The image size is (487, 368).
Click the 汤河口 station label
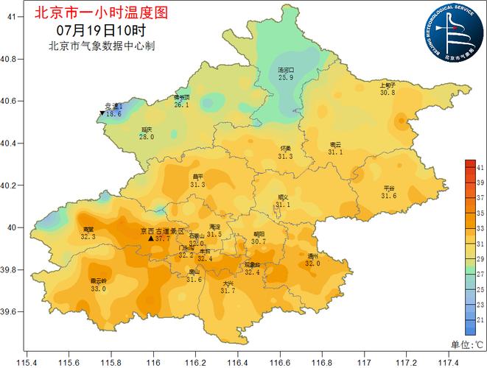286,70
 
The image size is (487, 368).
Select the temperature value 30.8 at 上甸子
388,93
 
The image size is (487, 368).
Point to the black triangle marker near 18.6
102,113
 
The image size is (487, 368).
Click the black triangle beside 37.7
151,238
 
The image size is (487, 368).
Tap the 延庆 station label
147,129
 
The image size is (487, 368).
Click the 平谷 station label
389,188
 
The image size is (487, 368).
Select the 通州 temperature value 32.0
313,263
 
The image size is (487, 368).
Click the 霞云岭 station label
98,281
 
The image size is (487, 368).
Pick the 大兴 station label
228,283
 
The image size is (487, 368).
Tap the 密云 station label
335,144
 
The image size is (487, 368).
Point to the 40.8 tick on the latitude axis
10,58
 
